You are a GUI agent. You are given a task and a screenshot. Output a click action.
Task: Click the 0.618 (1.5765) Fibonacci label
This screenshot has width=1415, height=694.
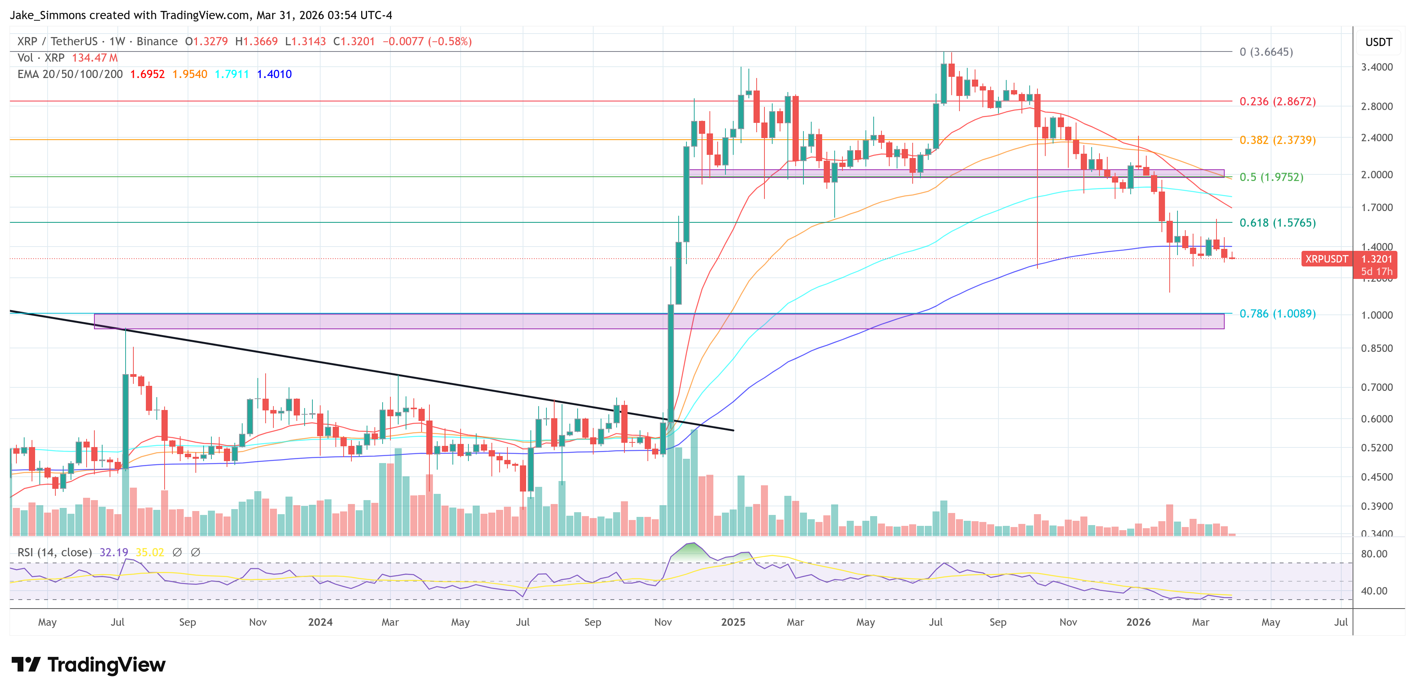[1277, 222]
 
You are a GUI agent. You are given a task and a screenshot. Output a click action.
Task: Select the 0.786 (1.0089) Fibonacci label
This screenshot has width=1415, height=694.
[1277, 314]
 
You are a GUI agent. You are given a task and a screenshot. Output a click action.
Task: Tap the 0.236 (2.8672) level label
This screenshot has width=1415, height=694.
[1277, 102]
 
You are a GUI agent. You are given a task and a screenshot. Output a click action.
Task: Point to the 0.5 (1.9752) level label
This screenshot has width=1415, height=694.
[1271, 177]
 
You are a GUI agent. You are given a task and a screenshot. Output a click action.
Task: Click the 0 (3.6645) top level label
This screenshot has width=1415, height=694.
[1266, 51]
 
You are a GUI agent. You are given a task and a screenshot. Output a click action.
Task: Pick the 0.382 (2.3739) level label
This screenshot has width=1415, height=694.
[1277, 140]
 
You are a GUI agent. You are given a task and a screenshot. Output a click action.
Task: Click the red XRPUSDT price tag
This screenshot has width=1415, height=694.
[1326, 259]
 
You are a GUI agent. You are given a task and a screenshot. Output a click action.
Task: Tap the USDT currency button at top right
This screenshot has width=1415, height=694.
[1378, 42]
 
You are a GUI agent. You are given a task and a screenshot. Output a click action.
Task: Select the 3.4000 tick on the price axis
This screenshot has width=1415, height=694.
[1376, 67]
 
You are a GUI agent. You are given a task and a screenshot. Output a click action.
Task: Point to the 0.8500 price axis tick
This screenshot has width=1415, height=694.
[1376, 348]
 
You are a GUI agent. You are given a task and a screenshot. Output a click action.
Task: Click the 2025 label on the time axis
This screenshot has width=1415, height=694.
[733, 622]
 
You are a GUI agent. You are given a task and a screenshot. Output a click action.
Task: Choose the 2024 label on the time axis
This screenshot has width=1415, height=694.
[320, 622]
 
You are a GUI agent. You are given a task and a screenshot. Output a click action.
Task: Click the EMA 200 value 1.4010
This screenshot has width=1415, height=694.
[274, 74]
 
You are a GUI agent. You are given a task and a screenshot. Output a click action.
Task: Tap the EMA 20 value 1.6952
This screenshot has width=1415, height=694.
[147, 74]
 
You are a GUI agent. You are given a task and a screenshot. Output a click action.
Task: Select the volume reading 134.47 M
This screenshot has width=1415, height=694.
[94, 58]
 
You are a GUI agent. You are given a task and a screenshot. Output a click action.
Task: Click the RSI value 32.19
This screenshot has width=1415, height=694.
[113, 552]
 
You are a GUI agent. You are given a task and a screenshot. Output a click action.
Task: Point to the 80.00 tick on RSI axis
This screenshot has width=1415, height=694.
[1374, 554]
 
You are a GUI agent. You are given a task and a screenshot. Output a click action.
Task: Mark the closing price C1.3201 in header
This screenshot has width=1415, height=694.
[354, 41]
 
